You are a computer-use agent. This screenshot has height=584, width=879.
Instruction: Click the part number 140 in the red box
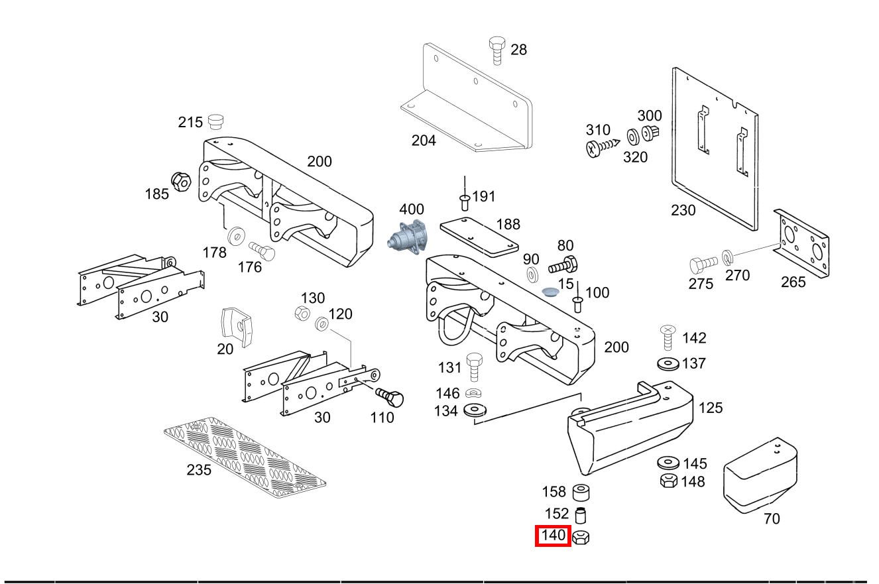553,536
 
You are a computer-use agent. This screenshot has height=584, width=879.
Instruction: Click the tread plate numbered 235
245,458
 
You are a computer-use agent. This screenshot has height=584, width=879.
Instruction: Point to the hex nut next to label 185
181,181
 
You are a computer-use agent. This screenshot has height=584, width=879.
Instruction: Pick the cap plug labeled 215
215,121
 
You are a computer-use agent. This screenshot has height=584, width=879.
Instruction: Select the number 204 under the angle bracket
424,141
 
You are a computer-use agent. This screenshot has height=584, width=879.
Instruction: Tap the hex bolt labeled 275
703,265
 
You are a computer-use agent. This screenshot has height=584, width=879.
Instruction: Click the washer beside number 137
668,363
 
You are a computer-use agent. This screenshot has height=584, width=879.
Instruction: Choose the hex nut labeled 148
668,481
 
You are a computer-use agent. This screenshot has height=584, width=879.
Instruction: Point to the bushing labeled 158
581,493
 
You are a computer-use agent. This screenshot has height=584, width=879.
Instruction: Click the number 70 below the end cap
772,518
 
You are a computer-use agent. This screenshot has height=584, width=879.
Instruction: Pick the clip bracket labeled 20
237,326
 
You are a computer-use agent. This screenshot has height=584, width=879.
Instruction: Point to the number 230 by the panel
683,211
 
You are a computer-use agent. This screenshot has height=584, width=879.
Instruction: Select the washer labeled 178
235,237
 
